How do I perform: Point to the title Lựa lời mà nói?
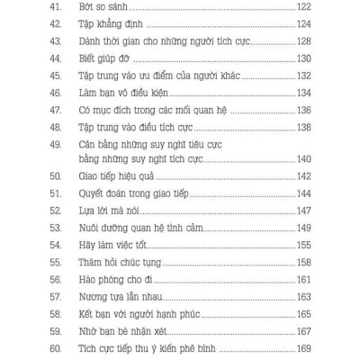point(99,210)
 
